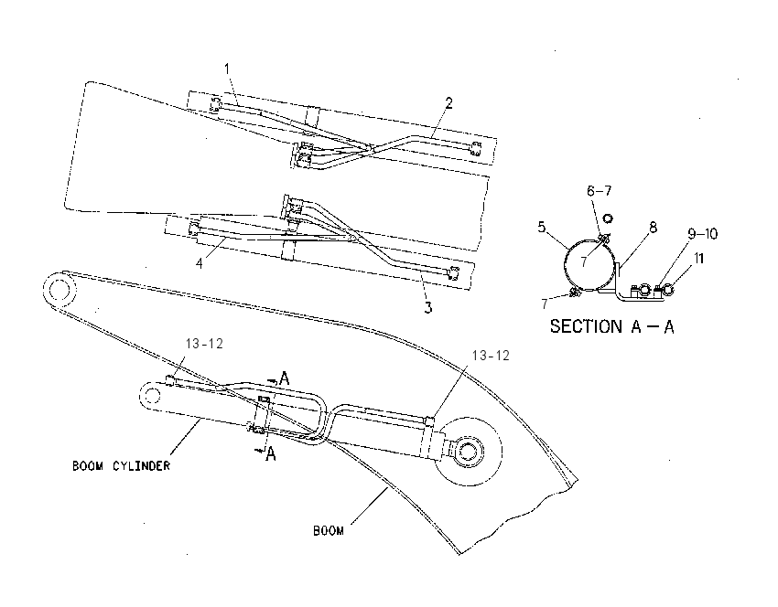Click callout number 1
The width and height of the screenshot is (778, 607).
[x=227, y=69]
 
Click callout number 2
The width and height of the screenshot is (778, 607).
[x=449, y=103]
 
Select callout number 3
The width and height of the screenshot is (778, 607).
[x=427, y=307]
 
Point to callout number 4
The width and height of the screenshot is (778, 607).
[x=199, y=263]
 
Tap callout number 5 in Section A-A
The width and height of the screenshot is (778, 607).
[x=541, y=228]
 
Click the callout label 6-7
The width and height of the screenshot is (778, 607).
[x=600, y=191]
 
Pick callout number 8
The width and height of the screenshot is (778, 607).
[x=653, y=228]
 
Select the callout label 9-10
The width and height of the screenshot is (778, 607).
[x=703, y=233]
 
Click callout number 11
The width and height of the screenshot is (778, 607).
[x=698, y=258]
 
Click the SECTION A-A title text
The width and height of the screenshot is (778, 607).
[x=611, y=326]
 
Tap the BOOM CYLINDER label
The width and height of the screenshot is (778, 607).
[x=121, y=466]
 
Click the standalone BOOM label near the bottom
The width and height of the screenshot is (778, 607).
[x=328, y=531]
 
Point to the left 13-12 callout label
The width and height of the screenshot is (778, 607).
[x=204, y=344]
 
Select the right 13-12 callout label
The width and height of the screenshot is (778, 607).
[x=491, y=356]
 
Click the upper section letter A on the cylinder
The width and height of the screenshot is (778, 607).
[x=284, y=378]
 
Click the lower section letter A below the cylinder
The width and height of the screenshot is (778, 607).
[x=270, y=453]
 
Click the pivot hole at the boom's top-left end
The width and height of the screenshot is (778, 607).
[x=59, y=289]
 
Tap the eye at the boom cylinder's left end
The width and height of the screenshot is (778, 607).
[x=151, y=396]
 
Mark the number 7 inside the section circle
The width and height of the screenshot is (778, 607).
[x=584, y=261]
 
